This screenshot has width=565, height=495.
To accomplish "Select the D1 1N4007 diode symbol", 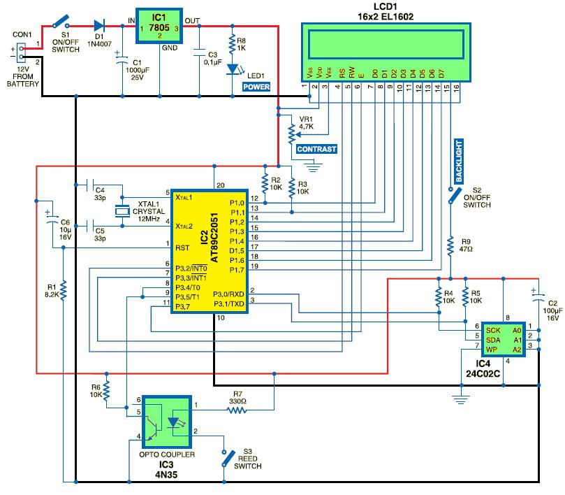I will click(90, 27).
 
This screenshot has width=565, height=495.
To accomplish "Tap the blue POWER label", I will click(257, 87).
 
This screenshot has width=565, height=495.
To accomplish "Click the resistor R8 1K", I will click(233, 45).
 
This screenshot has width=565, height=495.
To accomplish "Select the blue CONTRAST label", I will click(316, 149).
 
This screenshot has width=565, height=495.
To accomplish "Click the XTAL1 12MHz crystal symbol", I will click(123, 211).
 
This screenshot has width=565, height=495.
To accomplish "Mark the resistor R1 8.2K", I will click(63, 290).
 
